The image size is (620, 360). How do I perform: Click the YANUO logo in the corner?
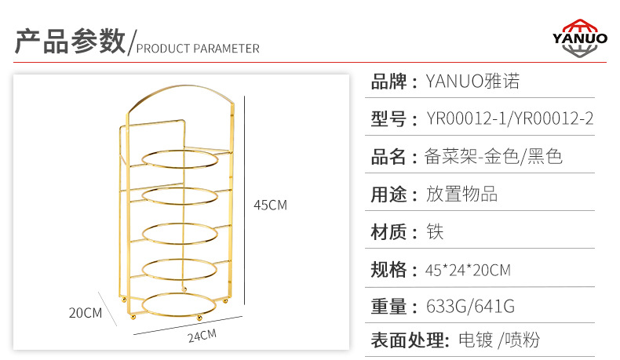[579, 37]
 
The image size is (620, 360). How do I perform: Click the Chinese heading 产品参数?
[70, 41]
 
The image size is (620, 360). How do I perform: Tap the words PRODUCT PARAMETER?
[198, 48]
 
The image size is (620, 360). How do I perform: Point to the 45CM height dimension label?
[270, 205]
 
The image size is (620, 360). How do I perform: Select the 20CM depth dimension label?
[86, 312]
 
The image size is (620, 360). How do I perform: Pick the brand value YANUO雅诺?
[472, 81]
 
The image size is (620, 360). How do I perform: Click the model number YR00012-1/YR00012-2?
[509, 119]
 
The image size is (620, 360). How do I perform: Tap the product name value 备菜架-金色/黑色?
[494, 157]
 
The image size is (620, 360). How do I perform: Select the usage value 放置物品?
[461, 195]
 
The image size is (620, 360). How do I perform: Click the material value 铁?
[435, 232]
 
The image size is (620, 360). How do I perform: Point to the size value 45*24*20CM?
[468, 271]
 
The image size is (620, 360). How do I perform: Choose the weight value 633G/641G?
[469, 307]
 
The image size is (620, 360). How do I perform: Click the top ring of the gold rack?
[180, 158]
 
